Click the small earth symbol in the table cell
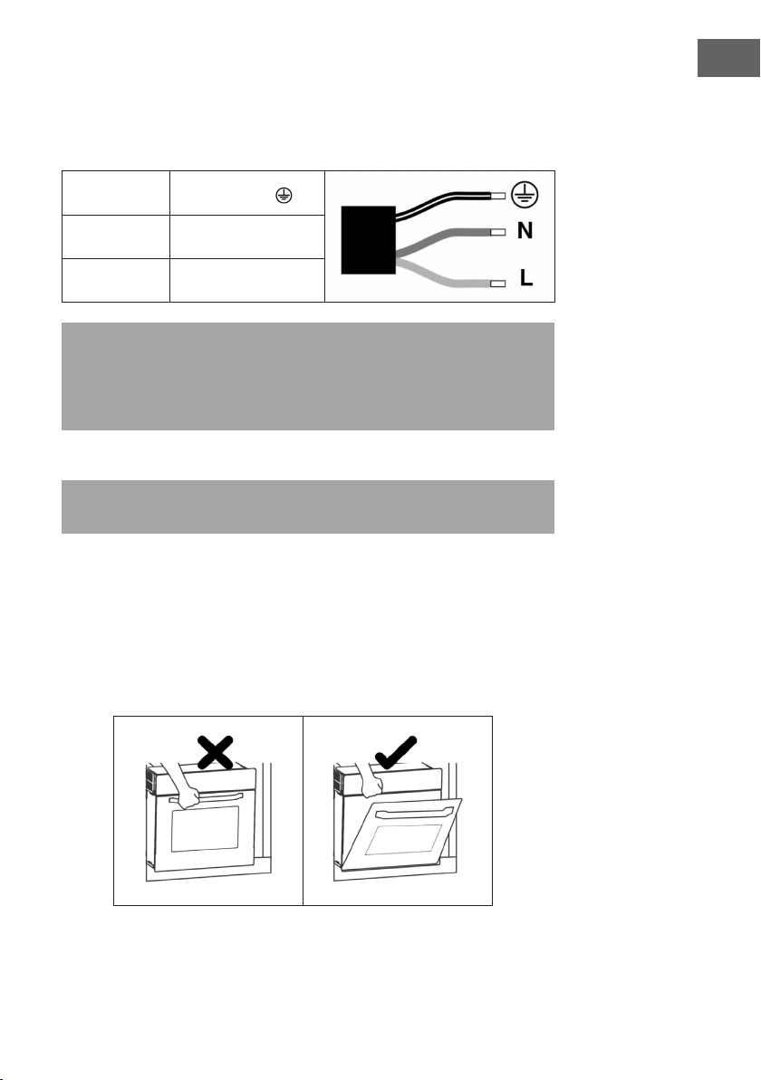pos(284,196)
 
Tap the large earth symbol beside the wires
pos(525,195)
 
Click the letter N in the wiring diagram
pos(525,230)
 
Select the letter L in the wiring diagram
pos(527,277)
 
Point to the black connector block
pos(369,240)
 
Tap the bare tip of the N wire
pos(498,232)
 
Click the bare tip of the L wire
pos(498,284)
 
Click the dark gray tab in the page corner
pos(728,58)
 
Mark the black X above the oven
pos(215,752)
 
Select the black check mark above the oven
pos(396,752)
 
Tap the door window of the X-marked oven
pos(206,829)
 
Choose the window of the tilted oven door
pos(404,840)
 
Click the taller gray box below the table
pos(308,376)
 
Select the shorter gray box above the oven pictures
pos(308,507)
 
